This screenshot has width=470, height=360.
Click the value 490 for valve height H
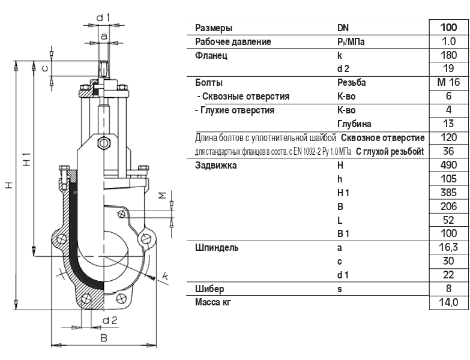point(448,165)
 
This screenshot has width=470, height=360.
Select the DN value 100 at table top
point(448,28)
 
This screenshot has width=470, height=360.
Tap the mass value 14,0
point(448,302)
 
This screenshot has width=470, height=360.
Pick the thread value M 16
point(448,83)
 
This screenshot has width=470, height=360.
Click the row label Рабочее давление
point(233,42)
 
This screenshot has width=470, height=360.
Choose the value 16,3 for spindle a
point(448,247)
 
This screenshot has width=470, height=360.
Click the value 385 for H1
point(448,193)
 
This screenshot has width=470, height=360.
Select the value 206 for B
point(448,206)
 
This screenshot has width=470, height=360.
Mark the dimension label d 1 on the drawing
point(103,17)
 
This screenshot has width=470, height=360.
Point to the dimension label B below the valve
point(103,338)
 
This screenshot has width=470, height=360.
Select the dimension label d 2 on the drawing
point(109,320)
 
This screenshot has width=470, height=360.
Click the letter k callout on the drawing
point(165,276)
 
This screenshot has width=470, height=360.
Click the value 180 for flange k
point(448,55)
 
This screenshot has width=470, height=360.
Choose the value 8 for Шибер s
point(448,289)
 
